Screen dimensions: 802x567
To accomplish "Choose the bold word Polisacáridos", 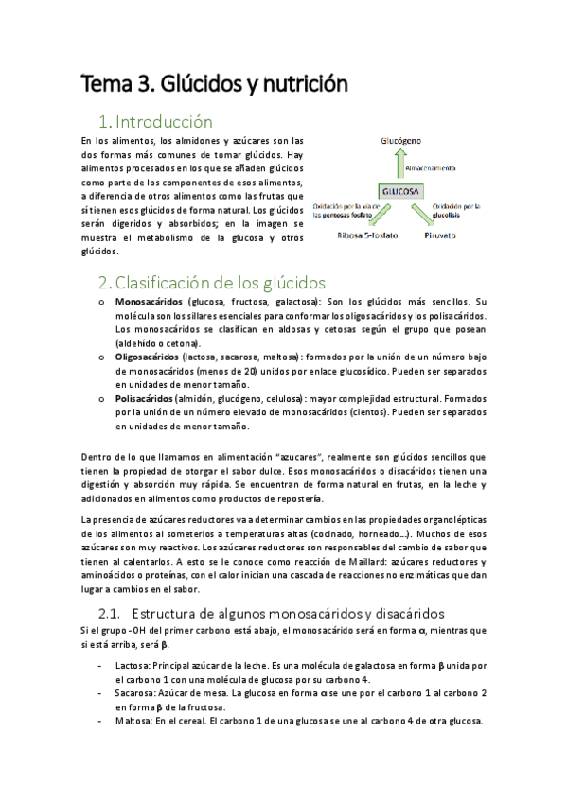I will [x=148, y=399].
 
